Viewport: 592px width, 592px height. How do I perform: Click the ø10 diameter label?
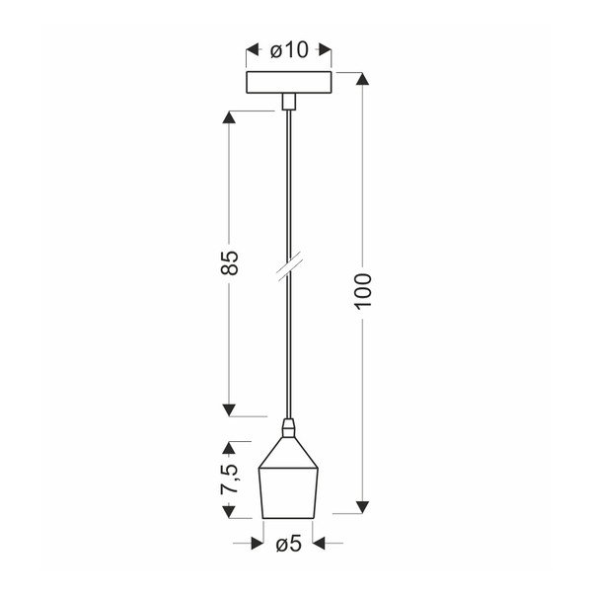coord(288,48)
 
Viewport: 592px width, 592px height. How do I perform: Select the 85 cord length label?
coord(229,262)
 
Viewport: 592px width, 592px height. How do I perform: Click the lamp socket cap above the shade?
coord(288,429)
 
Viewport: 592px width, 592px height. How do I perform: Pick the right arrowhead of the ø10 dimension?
coord(327,48)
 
